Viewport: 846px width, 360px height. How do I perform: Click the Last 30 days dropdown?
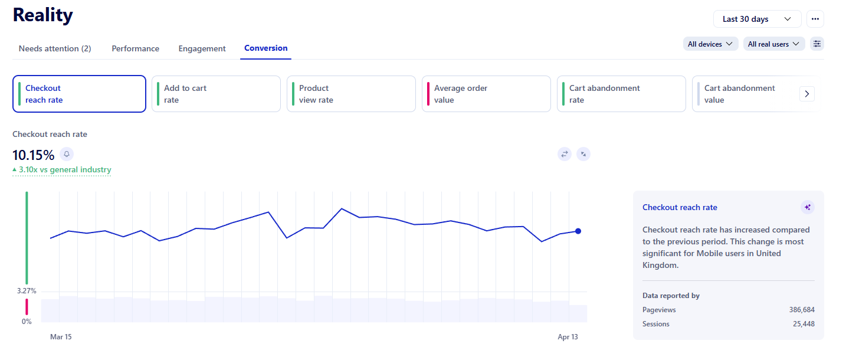coord(757,19)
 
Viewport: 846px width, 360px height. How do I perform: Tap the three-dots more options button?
coord(815,19)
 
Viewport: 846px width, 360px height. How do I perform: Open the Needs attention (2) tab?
coord(55,48)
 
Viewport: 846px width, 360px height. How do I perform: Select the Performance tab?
coord(135,48)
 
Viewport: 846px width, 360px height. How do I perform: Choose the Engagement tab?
coord(202,48)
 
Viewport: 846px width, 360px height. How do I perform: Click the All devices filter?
coord(710,44)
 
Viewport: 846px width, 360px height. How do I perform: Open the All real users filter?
coord(773,44)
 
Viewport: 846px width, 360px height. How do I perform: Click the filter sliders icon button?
coord(817,44)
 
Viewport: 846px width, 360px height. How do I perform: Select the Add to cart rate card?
coord(216,94)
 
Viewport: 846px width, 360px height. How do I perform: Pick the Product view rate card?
coord(351,94)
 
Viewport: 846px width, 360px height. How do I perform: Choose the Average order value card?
coord(486,94)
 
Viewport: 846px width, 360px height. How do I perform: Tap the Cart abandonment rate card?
coord(621,94)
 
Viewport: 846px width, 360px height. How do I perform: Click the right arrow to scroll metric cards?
coord(807,94)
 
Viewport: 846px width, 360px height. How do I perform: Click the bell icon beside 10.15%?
coord(67,154)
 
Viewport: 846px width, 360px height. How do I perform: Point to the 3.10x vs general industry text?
coord(65,170)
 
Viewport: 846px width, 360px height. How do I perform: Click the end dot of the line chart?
coord(578,231)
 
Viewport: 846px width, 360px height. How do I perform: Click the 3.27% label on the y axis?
coord(27,291)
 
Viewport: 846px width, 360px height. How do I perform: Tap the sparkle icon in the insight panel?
coord(808,207)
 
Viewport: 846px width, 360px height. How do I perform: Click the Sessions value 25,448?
coord(804,324)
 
